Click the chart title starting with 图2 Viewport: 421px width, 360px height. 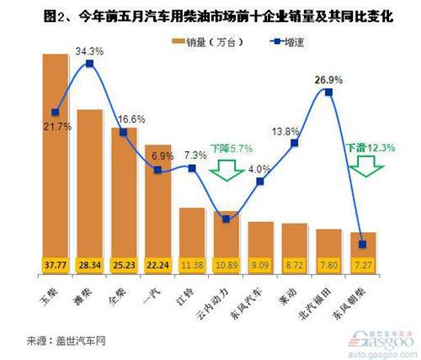pos(210,12)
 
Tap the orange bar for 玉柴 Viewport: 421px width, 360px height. pos(55,151)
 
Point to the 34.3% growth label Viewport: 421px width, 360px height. pos(89,52)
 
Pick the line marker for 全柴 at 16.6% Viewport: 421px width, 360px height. pos(124,133)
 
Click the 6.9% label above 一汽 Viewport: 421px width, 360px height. pos(160,156)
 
